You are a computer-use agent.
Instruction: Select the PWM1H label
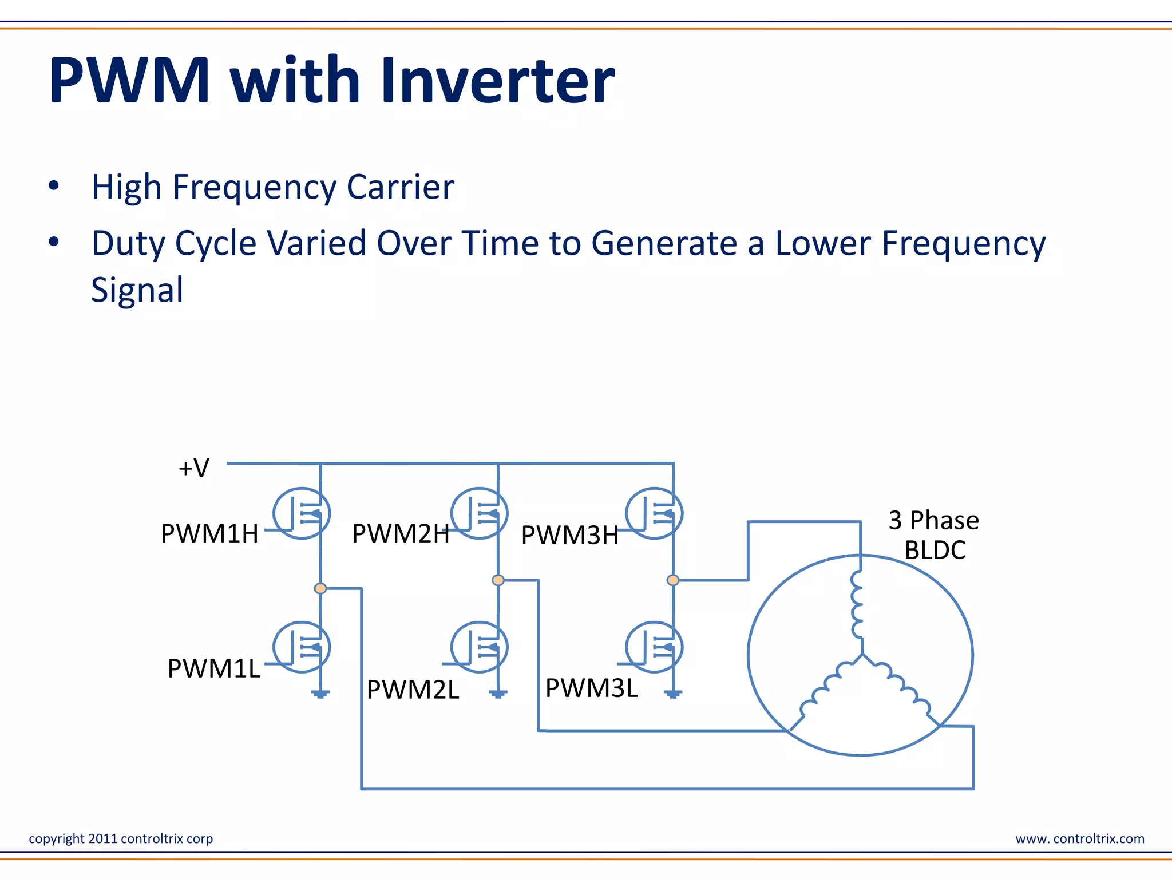[x=209, y=534]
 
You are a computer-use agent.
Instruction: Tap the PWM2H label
[x=401, y=534]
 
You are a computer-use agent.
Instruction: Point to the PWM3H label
[x=570, y=536]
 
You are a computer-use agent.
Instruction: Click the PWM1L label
[x=213, y=668]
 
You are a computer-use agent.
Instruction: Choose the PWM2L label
[x=413, y=690]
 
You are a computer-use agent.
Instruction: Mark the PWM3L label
[x=591, y=688]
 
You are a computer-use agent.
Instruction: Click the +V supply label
[x=194, y=468]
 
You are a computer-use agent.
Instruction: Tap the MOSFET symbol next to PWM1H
[x=302, y=513]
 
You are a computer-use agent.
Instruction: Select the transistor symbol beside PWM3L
[x=654, y=647]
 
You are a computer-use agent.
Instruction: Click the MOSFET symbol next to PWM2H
[x=479, y=513]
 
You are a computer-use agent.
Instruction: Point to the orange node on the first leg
[x=320, y=588]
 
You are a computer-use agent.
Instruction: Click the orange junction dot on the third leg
[x=673, y=580]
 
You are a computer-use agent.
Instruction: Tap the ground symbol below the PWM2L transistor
[x=498, y=694]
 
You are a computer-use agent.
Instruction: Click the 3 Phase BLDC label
[x=933, y=535]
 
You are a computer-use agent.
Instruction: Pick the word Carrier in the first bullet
[x=400, y=187]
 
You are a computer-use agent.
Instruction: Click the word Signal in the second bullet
[x=137, y=290]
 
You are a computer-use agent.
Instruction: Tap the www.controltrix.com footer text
[x=1080, y=839]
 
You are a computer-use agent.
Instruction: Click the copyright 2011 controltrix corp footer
[x=121, y=839]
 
